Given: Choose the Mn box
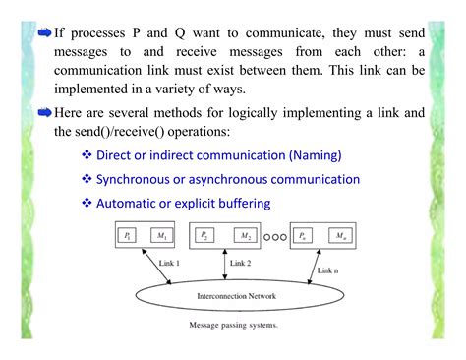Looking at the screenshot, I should pyautogui.click(x=339, y=236).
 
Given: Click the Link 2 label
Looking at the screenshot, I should pyautogui.click(x=242, y=264).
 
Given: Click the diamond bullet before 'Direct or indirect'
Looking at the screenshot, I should pyautogui.click(x=87, y=154).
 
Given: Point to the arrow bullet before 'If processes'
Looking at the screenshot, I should pyautogui.click(x=43, y=31).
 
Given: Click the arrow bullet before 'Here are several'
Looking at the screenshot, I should pyautogui.click(x=43, y=112).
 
